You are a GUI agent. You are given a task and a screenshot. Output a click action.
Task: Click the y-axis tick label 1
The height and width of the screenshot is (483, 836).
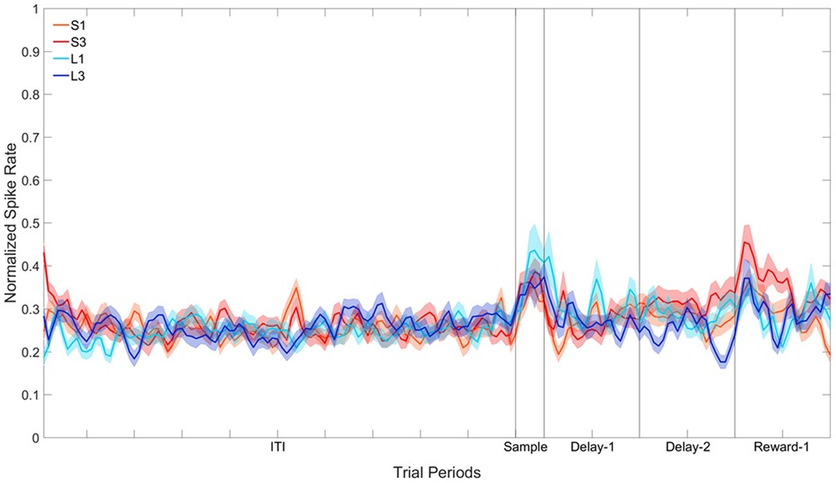tap(34, 10)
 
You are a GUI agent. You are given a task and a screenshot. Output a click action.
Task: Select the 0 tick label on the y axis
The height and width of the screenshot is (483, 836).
tap(34, 437)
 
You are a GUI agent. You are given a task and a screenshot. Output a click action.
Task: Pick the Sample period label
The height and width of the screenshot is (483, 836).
tap(525, 448)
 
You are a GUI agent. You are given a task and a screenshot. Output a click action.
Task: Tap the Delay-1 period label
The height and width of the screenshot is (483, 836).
tap(593, 448)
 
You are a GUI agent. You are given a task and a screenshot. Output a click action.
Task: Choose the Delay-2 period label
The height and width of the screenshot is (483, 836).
tap(688, 448)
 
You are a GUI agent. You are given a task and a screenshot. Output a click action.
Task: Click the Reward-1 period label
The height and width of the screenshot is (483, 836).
tap(782, 448)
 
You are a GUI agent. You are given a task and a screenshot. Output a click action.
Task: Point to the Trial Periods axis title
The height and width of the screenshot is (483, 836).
tap(437, 472)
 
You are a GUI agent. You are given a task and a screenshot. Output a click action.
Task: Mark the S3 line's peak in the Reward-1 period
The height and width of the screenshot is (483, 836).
tap(745, 243)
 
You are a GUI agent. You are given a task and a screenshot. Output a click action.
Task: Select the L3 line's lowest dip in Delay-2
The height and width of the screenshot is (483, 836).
tap(722, 362)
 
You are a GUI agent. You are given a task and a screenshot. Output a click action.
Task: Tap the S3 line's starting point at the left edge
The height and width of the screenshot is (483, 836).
tap(44, 253)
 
